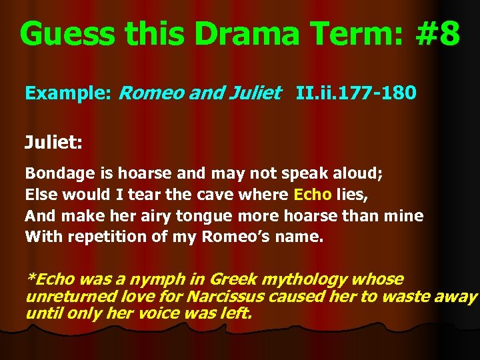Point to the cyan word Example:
click(67, 93)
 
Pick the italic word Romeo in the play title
click(151, 93)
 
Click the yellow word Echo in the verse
click(310, 195)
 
